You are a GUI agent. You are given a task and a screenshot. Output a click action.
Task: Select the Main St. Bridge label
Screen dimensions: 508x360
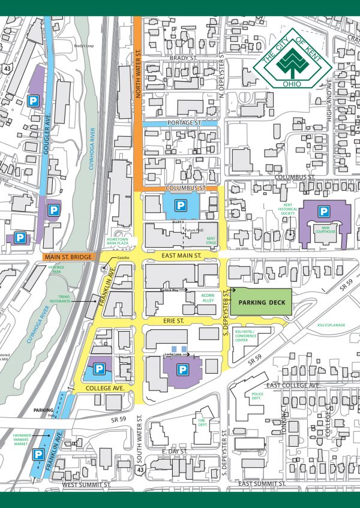67,257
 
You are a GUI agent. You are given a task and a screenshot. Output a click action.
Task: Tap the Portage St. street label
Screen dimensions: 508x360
186,123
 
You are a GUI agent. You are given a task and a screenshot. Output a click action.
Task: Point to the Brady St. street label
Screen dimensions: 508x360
183,58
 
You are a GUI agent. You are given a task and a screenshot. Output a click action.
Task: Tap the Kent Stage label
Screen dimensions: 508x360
210,241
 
